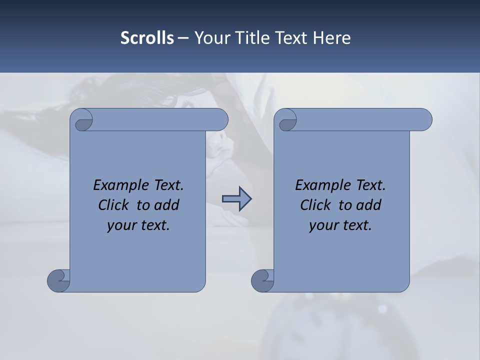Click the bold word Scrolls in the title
pos(147,38)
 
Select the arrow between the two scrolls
pos(236,199)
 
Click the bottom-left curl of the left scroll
pos(58,280)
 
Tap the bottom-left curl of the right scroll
pos(262,280)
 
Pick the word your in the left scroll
pos(120,225)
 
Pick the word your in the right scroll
pos(322,225)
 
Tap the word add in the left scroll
pos(166,205)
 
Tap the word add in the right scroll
pos(368,205)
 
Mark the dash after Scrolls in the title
pos(183,38)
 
